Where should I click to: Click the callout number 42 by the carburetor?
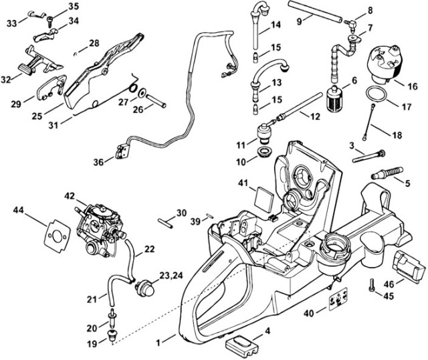coord(70,196)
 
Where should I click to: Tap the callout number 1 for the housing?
coord(157,343)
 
